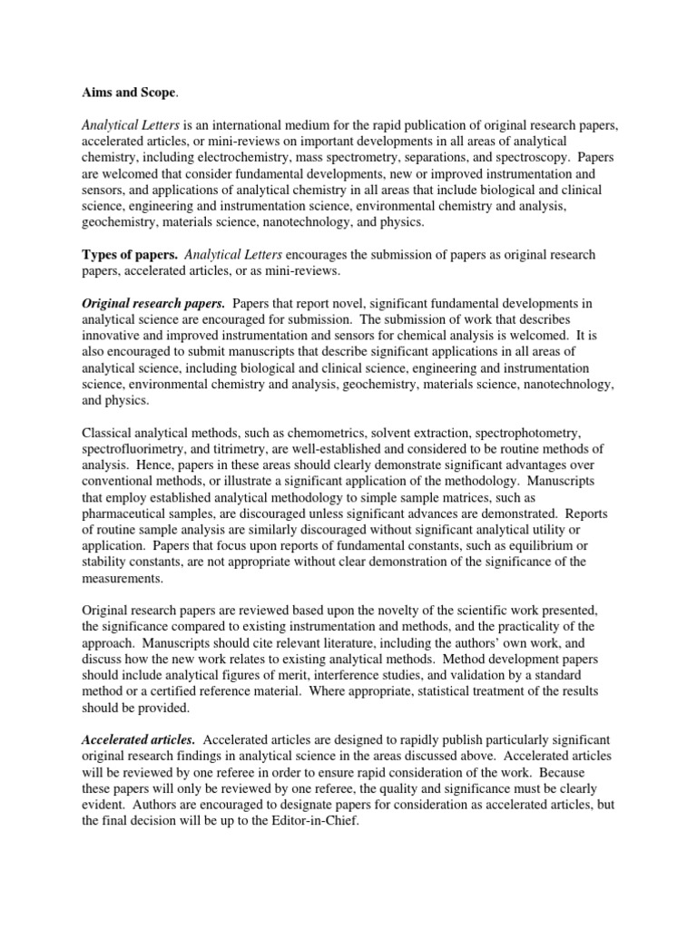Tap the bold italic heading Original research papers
153,302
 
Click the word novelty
374,611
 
